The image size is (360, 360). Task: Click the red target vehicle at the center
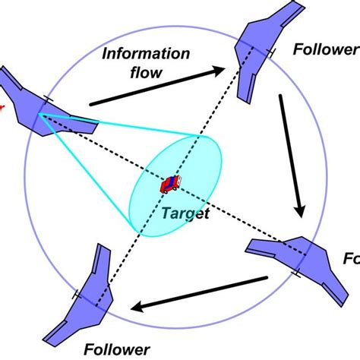click(170, 185)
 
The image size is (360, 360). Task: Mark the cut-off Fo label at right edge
click(350, 260)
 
